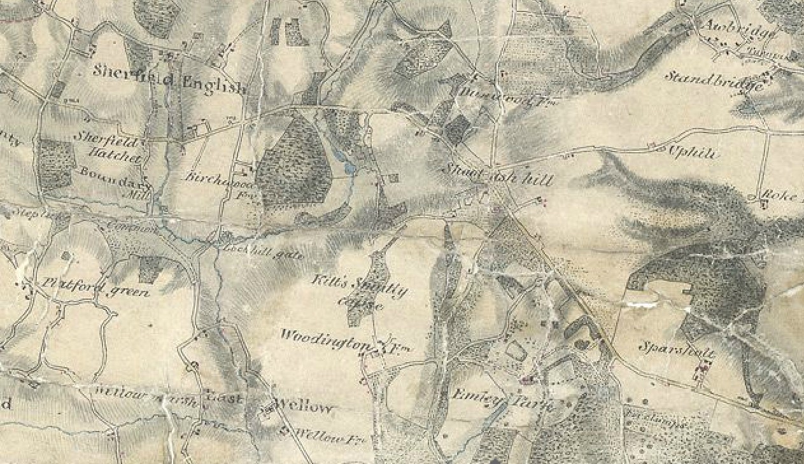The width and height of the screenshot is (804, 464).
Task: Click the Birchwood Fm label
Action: click(216, 181)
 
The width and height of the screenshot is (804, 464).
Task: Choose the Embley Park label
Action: click(503, 400)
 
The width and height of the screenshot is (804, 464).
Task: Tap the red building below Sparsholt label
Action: click(703, 367)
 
